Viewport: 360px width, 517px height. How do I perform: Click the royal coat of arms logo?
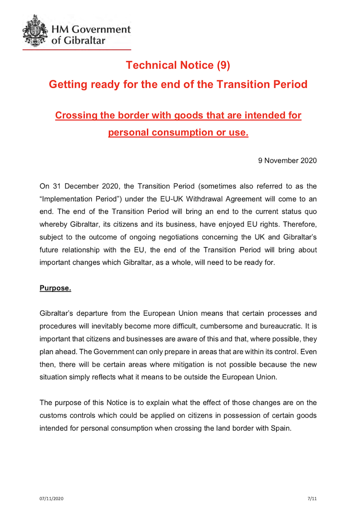click(x=36, y=31)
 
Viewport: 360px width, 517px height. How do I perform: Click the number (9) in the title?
click(x=223, y=65)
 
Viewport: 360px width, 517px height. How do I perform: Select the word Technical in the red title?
click(x=151, y=65)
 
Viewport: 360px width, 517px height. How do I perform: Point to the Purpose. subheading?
click(x=55, y=288)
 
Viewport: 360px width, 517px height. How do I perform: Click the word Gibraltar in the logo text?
click(x=84, y=41)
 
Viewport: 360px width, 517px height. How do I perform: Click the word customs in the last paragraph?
click(x=53, y=416)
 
